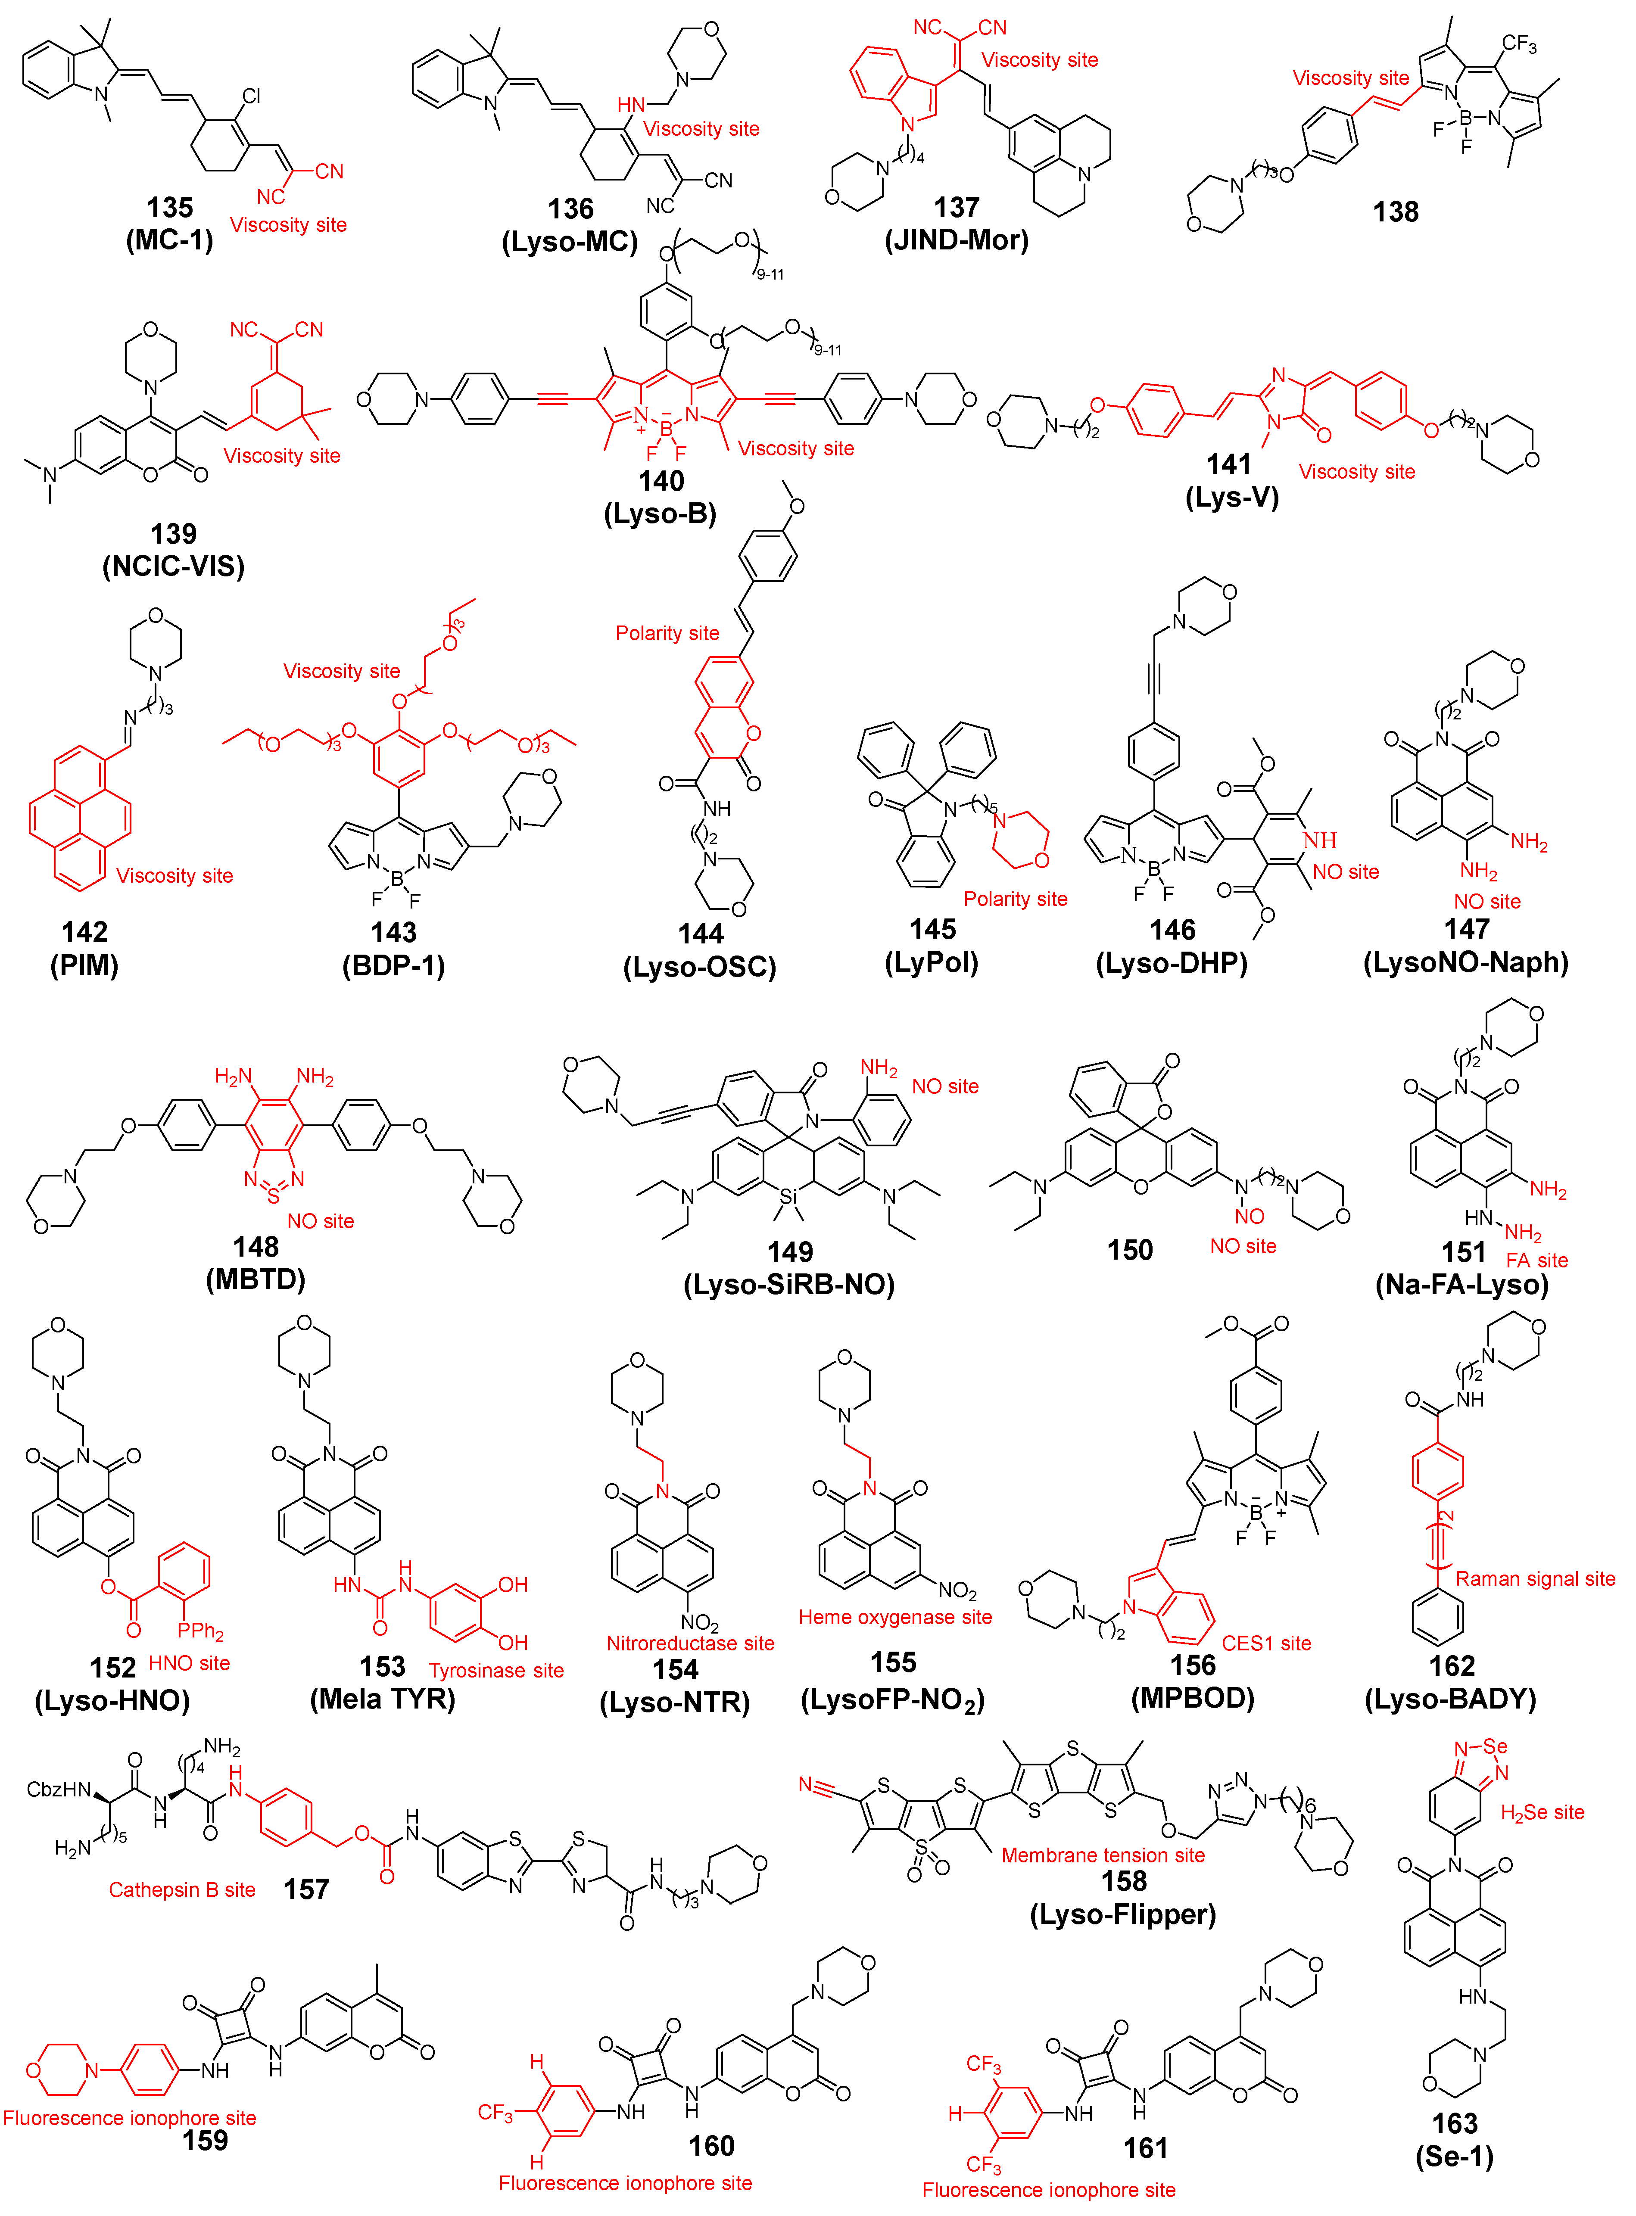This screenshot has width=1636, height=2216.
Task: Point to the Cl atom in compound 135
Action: (x=252, y=96)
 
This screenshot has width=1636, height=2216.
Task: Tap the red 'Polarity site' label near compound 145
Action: (x=1015, y=899)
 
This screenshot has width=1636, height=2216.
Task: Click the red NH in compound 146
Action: (x=1320, y=840)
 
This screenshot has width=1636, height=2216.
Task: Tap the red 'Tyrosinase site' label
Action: (x=496, y=1671)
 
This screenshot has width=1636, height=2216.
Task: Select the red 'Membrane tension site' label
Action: (x=1103, y=1855)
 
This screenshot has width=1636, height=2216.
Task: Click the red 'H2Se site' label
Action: (x=1542, y=1812)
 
